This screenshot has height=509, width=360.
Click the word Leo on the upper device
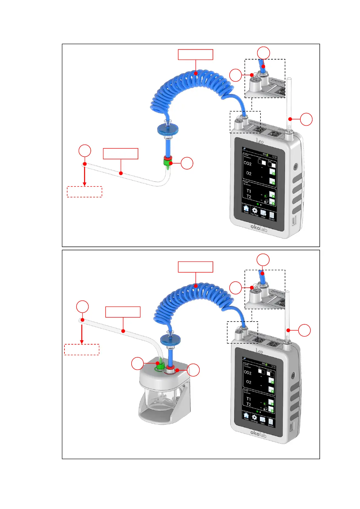click(260, 141)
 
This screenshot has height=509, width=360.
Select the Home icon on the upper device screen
click(246, 209)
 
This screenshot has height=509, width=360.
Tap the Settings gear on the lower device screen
click(254, 417)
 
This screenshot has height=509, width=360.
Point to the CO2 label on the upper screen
click(247, 164)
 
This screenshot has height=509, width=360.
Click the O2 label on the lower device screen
click(249, 382)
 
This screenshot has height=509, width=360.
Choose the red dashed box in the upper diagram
click(84, 192)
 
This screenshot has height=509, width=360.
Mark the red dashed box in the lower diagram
click(82, 349)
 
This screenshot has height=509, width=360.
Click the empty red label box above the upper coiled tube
click(195, 55)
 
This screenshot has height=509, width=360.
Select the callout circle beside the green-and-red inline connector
click(187, 163)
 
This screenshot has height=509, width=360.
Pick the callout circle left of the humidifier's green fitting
click(138, 363)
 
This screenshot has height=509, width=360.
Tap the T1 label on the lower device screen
click(249, 399)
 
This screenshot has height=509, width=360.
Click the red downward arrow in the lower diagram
click(82, 332)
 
